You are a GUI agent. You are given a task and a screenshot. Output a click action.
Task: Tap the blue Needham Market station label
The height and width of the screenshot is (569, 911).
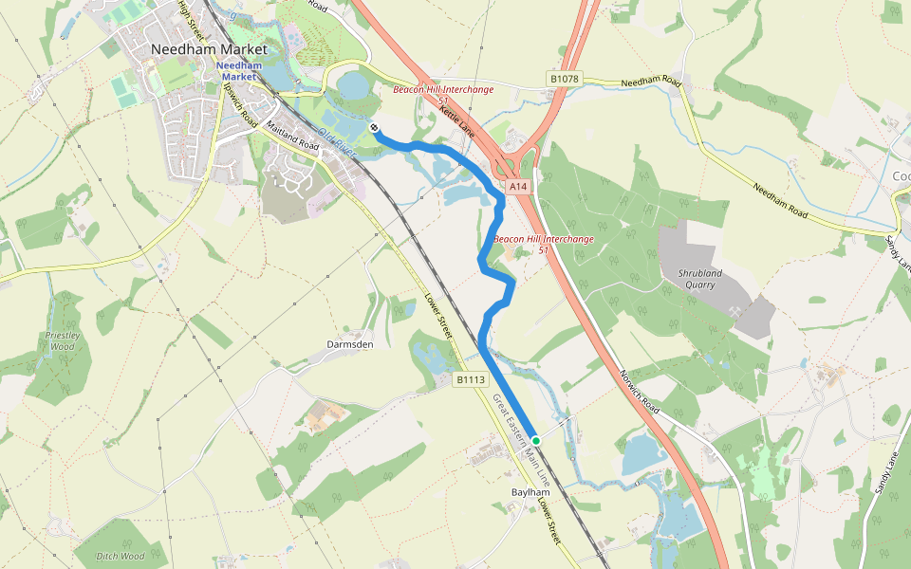(237, 70)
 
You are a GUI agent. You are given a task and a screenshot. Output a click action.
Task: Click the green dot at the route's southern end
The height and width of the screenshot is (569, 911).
(536, 441)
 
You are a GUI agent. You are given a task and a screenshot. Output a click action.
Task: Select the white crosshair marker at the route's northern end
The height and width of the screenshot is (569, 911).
(375, 129)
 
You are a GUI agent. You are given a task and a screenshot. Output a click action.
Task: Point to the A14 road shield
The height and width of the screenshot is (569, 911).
(517, 188)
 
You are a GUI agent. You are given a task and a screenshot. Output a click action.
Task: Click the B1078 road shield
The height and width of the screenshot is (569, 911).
(565, 80)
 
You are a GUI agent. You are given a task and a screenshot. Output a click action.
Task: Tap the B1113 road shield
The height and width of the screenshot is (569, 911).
(470, 380)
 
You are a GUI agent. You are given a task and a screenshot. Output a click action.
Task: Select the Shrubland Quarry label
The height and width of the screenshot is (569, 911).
(700, 279)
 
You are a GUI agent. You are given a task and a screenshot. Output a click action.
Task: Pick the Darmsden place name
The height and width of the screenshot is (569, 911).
(350, 344)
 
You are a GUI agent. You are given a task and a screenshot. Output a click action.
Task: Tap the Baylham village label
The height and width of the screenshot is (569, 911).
(530, 493)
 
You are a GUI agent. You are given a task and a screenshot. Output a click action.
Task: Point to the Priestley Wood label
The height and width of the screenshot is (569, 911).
(60, 340)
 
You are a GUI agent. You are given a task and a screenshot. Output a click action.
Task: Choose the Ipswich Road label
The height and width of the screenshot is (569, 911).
(241, 104)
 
